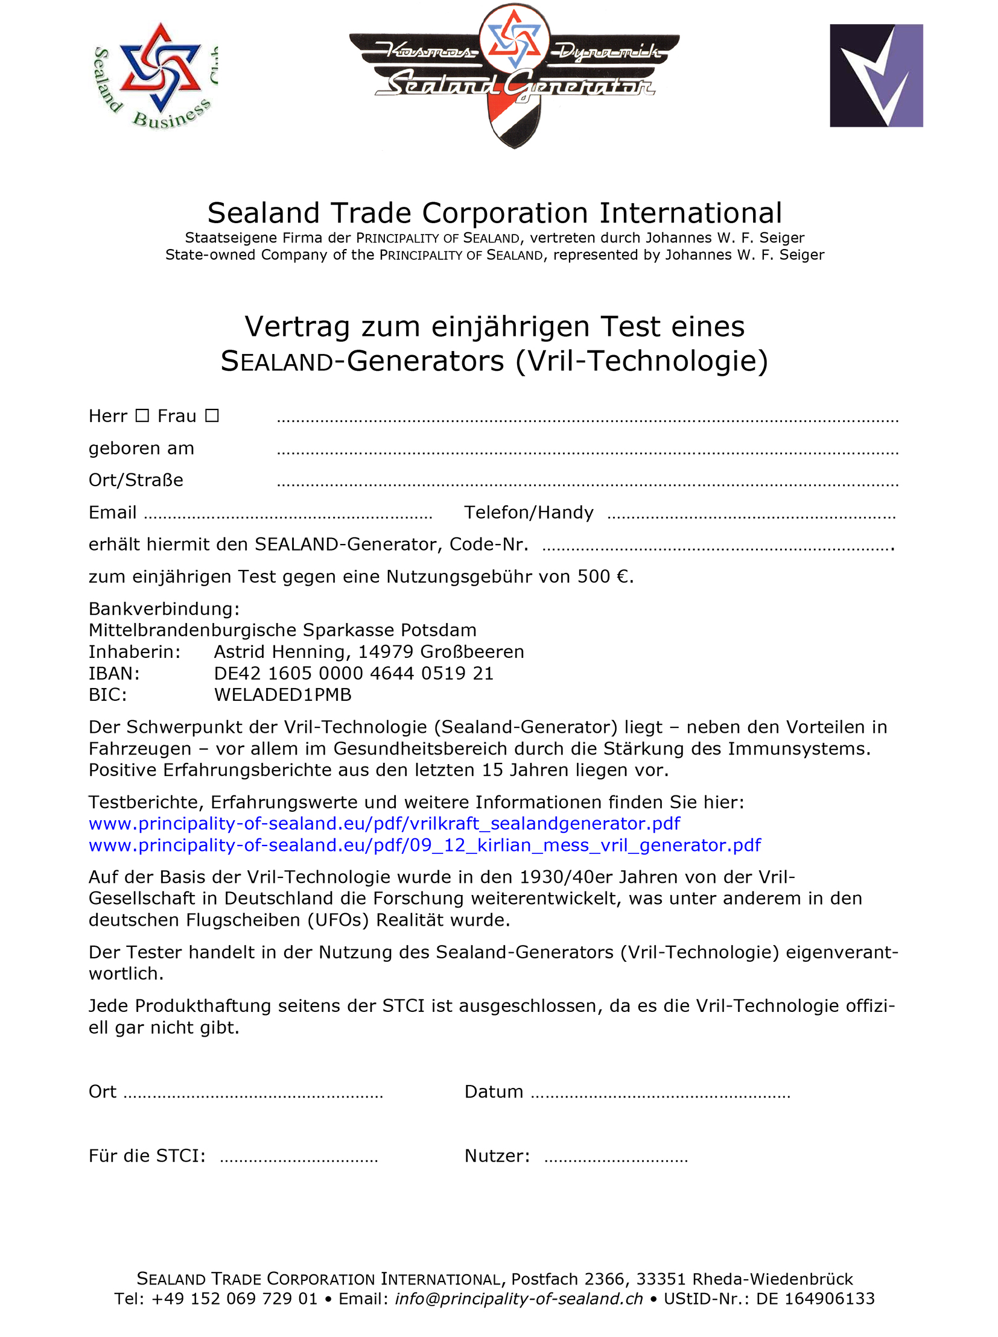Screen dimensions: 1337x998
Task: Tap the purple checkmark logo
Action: tap(876, 75)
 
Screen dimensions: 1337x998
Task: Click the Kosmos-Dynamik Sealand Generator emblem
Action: tap(514, 75)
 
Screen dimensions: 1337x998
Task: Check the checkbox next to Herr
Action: tap(142, 416)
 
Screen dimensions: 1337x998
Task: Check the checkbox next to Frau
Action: tap(211, 416)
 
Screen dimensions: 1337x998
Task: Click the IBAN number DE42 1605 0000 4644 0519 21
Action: tap(354, 674)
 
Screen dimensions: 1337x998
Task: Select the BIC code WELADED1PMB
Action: tap(283, 695)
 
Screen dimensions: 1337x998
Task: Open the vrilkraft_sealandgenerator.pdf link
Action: tap(384, 824)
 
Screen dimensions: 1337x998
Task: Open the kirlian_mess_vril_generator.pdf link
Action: tap(425, 846)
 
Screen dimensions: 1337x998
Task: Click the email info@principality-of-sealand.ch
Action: tap(518, 1299)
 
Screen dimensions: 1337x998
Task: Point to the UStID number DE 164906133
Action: tap(815, 1299)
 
